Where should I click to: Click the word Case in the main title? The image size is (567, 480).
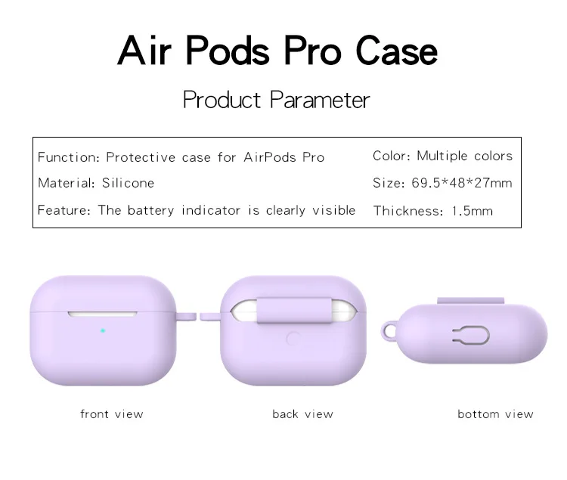[397, 51]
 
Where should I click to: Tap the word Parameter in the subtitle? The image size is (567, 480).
[320, 100]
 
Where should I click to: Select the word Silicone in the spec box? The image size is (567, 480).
[128, 183]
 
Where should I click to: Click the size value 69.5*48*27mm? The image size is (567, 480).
[462, 183]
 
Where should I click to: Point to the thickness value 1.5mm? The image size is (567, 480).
[472, 211]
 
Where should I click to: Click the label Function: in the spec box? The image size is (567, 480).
[69, 157]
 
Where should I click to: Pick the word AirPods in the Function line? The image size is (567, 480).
[270, 157]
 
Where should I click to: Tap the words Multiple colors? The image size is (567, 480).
[465, 156]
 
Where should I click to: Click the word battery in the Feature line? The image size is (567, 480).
[150, 210]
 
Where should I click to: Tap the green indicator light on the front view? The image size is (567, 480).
[103, 331]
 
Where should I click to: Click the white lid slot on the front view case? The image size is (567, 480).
[103, 314]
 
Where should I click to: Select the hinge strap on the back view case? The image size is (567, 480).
[294, 310]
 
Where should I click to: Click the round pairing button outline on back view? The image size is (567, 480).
[293, 339]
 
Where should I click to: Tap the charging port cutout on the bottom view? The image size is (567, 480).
[471, 336]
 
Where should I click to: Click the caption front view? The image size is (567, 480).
[112, 413]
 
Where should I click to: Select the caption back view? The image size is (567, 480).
[302, 413]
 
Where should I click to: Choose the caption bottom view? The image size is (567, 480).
[495, 413]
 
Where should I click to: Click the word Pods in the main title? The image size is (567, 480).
[228, 51]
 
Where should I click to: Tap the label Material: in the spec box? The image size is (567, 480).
[67, 183]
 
